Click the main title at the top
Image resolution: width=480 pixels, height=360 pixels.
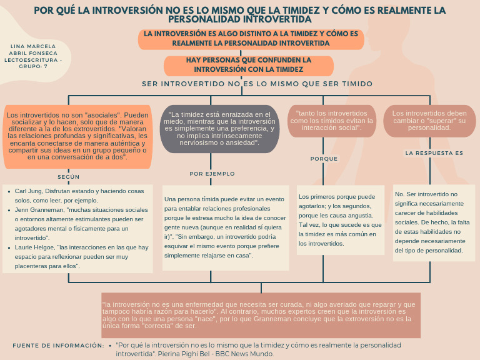[x=240, y=14]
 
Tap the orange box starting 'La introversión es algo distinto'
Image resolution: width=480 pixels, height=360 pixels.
[x=251, y=39]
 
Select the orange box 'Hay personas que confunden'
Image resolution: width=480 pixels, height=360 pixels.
[x=249, y=65]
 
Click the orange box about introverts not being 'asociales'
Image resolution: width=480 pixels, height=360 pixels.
[x=77, y=136]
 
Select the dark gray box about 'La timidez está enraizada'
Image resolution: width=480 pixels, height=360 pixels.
[x=219, y=128]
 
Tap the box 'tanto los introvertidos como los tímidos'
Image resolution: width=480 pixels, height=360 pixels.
[x=332, y=120]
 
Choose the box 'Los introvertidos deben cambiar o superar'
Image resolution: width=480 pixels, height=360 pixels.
[x=429, y=120]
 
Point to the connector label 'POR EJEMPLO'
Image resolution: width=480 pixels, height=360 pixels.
[x=212, y=174]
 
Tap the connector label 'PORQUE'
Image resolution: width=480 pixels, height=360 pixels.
[x=324, y=159]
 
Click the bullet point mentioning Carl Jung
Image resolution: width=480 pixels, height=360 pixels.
[x=79, y=196]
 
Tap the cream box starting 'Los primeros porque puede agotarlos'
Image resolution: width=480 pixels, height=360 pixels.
[x=341, y=220]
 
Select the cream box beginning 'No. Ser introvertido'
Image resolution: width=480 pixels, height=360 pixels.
[x=429, y=222]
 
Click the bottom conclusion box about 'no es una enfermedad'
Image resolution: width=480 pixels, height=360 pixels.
[x=261, y=315]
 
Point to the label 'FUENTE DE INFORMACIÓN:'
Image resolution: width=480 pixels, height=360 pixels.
[x=58, y=345]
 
